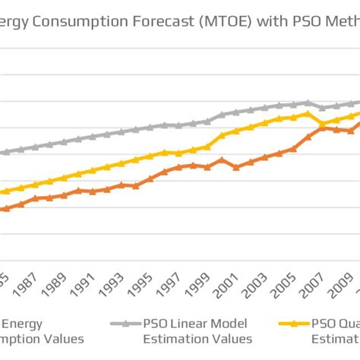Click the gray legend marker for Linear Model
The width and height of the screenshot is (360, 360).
pos(122,324)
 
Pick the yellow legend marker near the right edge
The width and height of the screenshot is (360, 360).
pos(294,324)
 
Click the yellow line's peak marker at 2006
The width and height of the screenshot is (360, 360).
pos(308,114)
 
